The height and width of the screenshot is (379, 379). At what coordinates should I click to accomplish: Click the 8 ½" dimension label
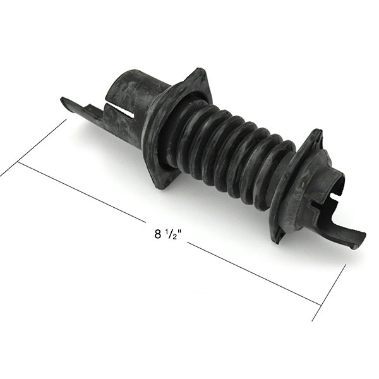[x=168, y=234]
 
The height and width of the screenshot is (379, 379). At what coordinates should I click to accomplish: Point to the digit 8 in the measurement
[x=157, y=234]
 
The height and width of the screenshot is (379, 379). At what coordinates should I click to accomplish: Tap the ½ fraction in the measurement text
[x=171, y=234]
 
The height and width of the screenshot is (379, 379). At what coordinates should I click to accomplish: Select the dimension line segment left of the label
[x=81, y=192]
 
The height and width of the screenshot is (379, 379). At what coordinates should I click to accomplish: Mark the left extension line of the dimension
[x=33, y=147]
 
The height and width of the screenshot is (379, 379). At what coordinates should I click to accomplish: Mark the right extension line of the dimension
[x=329, y=292]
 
